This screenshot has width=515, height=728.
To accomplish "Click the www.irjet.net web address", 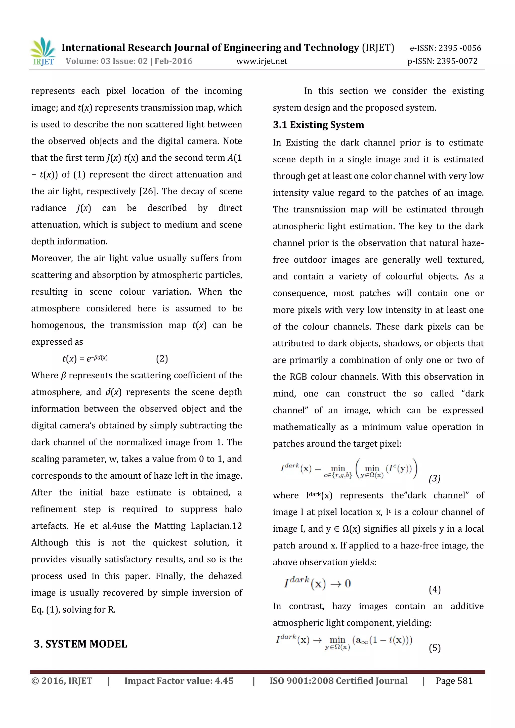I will [262, 61].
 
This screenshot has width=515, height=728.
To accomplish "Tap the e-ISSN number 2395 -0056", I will [460, 48].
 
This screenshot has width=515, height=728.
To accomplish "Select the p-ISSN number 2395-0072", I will [457, 61].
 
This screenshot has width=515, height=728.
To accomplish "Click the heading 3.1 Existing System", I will [318, 125].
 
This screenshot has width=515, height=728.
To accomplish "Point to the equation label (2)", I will [162, 359].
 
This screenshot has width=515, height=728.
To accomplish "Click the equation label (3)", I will [435, 478].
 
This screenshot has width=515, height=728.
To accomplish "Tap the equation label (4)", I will [435, 589].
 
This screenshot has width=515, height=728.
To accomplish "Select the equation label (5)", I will [435, 648].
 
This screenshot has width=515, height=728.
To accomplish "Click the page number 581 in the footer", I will [465, 681].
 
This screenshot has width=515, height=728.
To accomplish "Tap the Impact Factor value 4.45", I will [224, 681].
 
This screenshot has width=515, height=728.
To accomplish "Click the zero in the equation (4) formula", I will [348, 583].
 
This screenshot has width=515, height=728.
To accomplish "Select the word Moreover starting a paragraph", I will [52, 258].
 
